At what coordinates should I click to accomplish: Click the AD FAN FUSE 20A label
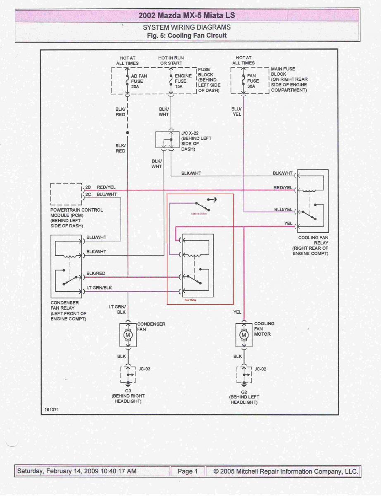point(139,81)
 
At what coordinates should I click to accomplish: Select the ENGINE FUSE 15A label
point(183,81)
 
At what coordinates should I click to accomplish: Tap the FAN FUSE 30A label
point(252,81)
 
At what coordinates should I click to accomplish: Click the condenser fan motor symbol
point(128,334)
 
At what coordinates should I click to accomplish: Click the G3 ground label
point(128,391)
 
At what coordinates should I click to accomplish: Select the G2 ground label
point(244,391)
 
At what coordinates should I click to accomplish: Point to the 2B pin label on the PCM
point(88,187)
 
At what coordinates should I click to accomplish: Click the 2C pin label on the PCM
point(88,194)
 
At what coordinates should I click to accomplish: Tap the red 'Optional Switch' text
point(199,214)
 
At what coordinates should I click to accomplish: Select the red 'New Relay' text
point(190,300)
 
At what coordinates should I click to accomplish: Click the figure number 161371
point(51,409)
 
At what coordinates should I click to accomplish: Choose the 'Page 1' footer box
point(188,471)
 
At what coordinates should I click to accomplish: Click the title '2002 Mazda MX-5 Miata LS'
point(187,16)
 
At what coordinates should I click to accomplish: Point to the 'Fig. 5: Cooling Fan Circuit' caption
point(187,36)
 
